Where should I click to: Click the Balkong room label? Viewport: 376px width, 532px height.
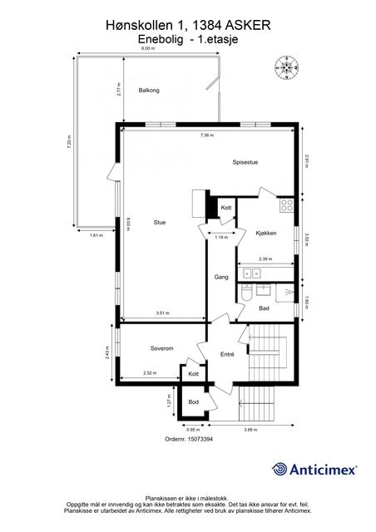pyautogui.click(x=149, y=90)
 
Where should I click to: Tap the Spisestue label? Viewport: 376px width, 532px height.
pyautogui.click(x=245, y=162)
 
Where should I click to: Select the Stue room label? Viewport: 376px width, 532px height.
pyautogui.click(x=160, y=222)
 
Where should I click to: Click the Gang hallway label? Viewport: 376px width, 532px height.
pyautogui.click(x=221, y=277)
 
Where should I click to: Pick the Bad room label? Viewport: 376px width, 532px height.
pyautogui.click(x=264, y=308)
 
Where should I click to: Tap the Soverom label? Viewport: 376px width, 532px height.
pyautogui.click(x=161, y=348)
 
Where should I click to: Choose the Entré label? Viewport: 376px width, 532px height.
pyautogui.click(x=227, y=354)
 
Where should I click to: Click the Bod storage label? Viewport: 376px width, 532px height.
pyautogui.click(x=193, y=402)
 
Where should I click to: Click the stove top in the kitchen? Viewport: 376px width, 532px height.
pyautogui.click(x=287, y=204)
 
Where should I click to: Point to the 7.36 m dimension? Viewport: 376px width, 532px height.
pyautogui.click(x=206, y=135)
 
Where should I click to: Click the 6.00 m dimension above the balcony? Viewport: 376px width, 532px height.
pyautogui.click(x=147, y=49)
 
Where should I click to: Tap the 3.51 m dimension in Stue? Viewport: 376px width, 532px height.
pyautogui.click(x=162, y=313)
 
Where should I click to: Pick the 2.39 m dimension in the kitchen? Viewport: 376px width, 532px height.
pyautogui.click(x=265, y=259)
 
